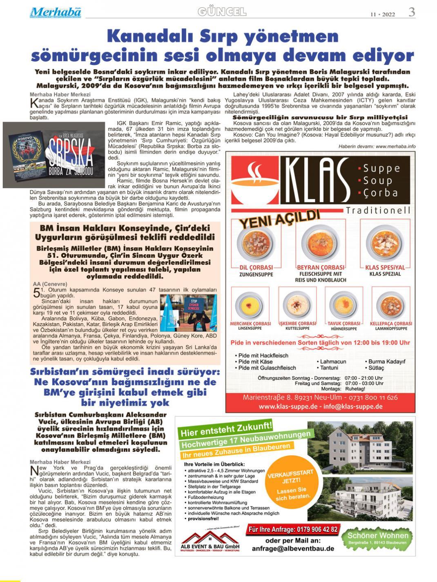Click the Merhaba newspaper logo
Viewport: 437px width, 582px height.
pyautogui.click(x=55, y=12)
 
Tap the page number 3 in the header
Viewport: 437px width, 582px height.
pyautogui.click(x=412, y=12)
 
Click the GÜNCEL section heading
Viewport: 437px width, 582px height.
pyautogui.click(x=222, y=12)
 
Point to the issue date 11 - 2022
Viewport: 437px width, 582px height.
pyautogui.click(x=383, y=14)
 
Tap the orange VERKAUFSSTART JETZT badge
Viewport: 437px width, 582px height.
pyautogui.click(x=291, y=485)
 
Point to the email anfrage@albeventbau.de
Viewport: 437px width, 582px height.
pyautogui.click(x=293, y=549)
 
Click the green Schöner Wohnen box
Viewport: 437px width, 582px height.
pyautogui.click(x=378, y=538)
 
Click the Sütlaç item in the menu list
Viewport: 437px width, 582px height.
pyautogui.click(x=376, y=368)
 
